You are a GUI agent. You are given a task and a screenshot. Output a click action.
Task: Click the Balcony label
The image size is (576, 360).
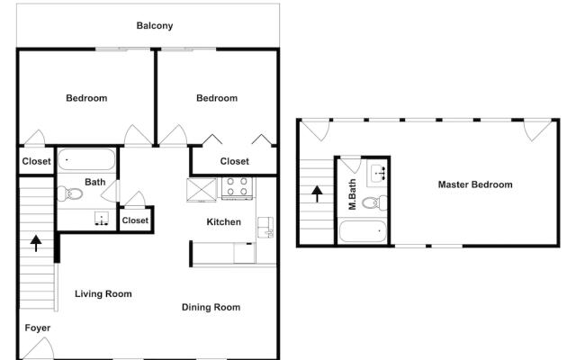click(155, 25)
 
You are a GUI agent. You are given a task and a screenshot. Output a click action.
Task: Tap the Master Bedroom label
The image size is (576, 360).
click(475, 184)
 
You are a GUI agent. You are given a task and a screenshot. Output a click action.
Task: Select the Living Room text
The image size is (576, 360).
click(103, 293)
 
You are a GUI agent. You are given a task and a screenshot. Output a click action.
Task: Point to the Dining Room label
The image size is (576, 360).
click(211, 307)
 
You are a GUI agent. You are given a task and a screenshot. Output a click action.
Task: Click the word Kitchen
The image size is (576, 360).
click(224, 221)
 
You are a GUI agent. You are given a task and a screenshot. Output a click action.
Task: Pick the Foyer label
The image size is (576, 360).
click(37, 328)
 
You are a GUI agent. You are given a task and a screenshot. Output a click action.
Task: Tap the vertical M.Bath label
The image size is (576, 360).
click(353, 195)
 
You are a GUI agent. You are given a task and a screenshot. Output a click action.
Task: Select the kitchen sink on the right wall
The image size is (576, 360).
click(265, 227)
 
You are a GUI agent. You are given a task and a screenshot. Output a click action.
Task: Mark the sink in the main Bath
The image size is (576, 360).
click(103, 219)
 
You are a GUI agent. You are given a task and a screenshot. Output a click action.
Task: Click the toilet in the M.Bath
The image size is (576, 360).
click(379, 201)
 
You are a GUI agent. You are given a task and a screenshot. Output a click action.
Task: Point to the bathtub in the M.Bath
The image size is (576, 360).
click(363, 232)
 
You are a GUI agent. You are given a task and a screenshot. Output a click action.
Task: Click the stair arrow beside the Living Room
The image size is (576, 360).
click(36, 242)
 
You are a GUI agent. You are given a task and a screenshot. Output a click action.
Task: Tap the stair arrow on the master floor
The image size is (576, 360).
click(316, 191)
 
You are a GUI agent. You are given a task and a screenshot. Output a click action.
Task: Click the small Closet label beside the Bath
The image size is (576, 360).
click(135, 220)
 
